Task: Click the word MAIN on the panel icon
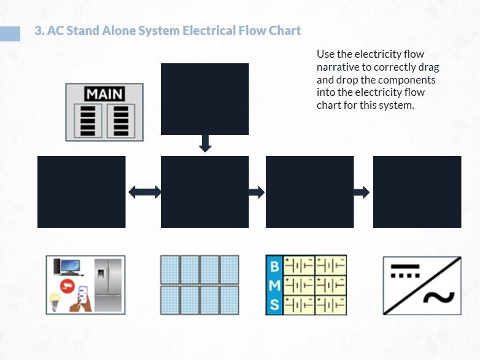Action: [104, 95]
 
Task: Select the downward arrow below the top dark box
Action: [205, 144]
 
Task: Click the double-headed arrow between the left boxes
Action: [144, 192]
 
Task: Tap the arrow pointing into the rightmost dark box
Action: [362, 192]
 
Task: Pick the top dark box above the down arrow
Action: [204, 99]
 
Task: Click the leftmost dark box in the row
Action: [81, 192]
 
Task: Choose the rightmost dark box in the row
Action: [417, 192]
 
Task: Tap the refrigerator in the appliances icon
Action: [108, 284]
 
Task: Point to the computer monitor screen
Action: [68, 266]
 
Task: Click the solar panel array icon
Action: [199, 285]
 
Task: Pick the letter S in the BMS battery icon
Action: [274, 303]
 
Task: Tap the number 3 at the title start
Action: [38, 31]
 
